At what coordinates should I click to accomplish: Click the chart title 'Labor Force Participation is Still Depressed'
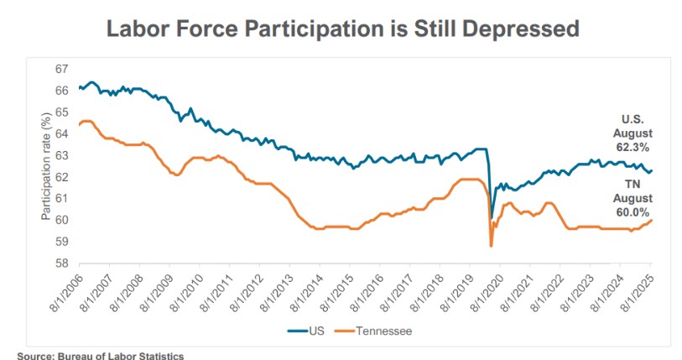click(341, 29)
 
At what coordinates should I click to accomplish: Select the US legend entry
click(308, 331)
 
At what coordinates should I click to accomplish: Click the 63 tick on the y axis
click(61, 155)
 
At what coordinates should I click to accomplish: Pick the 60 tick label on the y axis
click(61, 220)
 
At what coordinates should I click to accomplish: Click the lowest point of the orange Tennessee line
click(491, 246)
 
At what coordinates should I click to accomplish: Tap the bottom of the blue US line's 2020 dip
click(492, 218)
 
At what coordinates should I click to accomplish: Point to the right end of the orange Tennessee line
click(652, 220)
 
